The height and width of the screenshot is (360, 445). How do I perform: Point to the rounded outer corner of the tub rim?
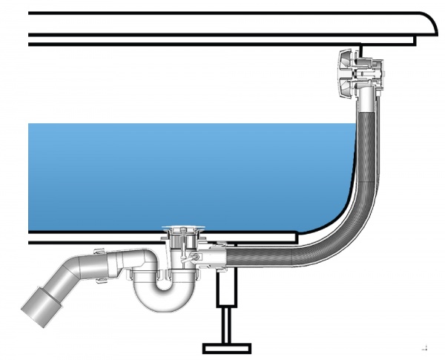click(426, 26)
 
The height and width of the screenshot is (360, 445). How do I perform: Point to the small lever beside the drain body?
click(194, 257)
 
